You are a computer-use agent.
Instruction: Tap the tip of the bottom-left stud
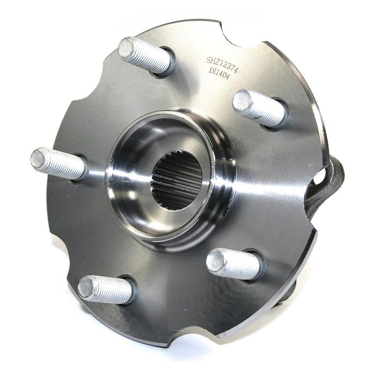pyautogui.click(x=86, y=287)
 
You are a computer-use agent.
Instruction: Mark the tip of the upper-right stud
pyautogui.click(x=242, y=102)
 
